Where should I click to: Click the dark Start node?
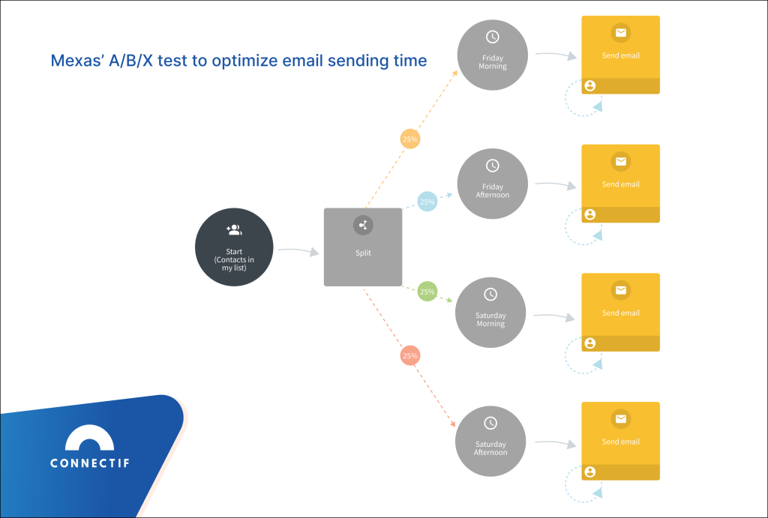pyautogui.click(x=234, y=247)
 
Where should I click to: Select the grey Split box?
pyautogui.click(x=363, y=247)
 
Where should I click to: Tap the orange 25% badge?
pyautogui.click(x=410, y=139)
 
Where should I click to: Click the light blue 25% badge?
pyautogui.click(x=427, y=202)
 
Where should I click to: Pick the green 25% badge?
pyautogui.click(x=427, y=292)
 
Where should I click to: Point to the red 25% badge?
pyautogui.click(x=409, y=355)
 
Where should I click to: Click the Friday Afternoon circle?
pyautogui.click(x=492, y=184)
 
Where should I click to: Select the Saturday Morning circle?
pyautogui.click(x=490, y=313)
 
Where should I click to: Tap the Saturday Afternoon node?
pyautogui.click(x=490, y=442)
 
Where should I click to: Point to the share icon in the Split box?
pyautogui.click(x=363, y=225)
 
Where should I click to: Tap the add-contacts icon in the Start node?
pyautogui.click(x=234, y=229)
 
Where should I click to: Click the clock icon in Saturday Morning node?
pyautogui.click(x=490, y=295)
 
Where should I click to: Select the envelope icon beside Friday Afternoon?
pyautogui.click(x=620, y=161)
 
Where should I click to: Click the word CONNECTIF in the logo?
pyautogui.click(x=90, y=463)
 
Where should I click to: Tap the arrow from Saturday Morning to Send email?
pyautogui.click(x=555, y=318)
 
